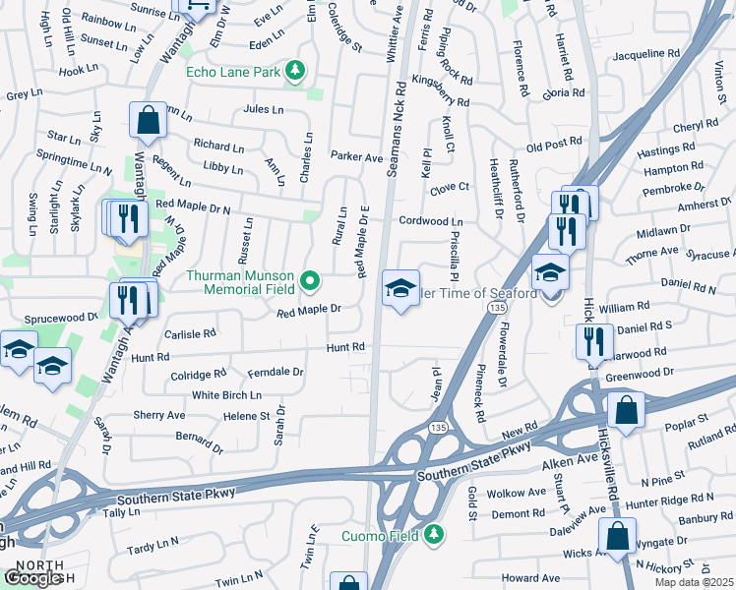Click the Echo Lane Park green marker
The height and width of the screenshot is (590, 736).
pos(294,71)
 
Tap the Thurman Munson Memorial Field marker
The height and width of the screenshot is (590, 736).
pos(311,282)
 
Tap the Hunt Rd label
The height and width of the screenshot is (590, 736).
pos(345,347)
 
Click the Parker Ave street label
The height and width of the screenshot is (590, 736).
pos(356,156)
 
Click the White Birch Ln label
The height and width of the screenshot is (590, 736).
pos(227,395)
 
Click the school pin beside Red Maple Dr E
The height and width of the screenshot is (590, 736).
pos(400,289)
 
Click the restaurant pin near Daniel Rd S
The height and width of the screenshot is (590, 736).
pos(594,342)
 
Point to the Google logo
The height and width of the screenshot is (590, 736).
pos(34,578)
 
